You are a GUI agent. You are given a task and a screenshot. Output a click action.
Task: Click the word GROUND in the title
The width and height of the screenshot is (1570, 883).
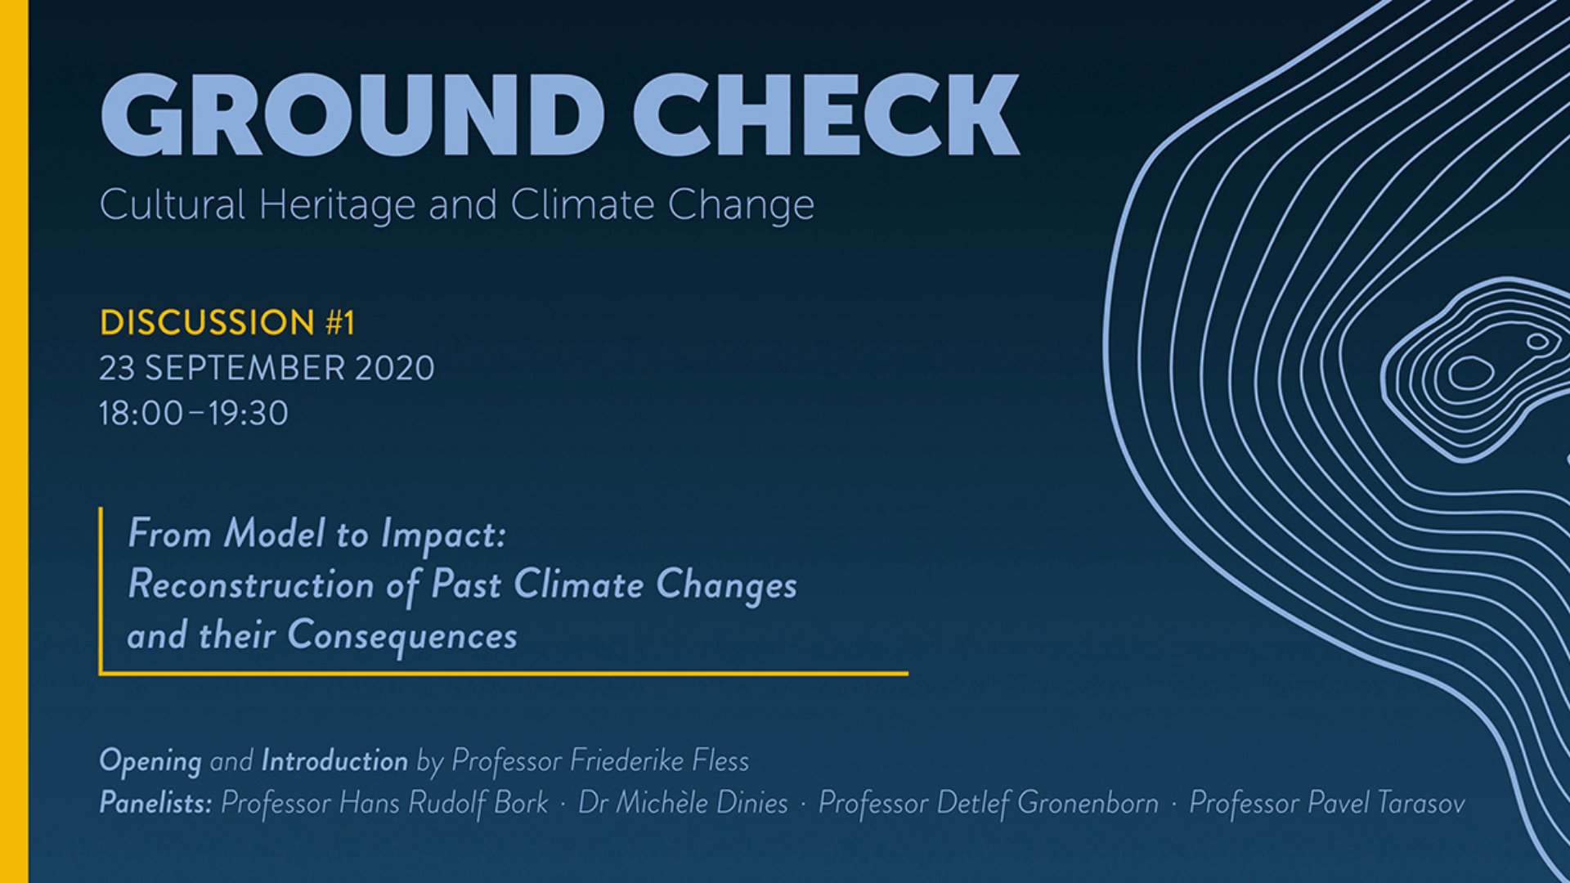[x=352, y=114]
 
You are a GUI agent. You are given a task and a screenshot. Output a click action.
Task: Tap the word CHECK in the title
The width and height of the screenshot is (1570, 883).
[x=827, y=114]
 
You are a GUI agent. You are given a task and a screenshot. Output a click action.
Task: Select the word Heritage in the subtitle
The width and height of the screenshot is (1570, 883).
[x=337, y=205]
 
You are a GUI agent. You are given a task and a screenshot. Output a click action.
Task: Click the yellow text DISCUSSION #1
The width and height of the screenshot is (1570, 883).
[x=227, y=322]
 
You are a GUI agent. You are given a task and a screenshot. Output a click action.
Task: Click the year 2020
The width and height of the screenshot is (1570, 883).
[x=395, y=368]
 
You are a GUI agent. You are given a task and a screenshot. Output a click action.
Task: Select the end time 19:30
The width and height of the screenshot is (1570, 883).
[x=248, y=413]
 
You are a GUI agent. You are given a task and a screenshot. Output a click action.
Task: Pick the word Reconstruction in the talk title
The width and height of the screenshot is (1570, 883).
[x=251, y=585]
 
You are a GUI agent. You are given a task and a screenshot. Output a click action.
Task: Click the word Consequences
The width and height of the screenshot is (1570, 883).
[x=402, y=635]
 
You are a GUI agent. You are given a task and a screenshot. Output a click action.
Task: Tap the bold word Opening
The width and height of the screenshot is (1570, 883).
[x=150, y=761]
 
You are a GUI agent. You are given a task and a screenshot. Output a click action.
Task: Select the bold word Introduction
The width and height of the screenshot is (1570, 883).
[x=334, y=760]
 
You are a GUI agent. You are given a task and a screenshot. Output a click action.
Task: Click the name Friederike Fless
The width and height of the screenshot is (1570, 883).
[x=659, y=760]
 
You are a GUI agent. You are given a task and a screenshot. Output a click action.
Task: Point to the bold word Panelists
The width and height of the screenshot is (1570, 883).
[x=155, y=803]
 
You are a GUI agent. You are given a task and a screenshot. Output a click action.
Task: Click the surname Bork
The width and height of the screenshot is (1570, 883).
[x=521, y=803]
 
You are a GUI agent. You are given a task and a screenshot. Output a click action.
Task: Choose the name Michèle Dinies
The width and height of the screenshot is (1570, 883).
[x=702, y=803]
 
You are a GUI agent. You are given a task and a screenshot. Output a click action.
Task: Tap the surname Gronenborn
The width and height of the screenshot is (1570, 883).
[x=1088, y=803]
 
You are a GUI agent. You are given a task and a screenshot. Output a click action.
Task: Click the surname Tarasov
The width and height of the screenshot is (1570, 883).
[x=1421, y=803]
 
